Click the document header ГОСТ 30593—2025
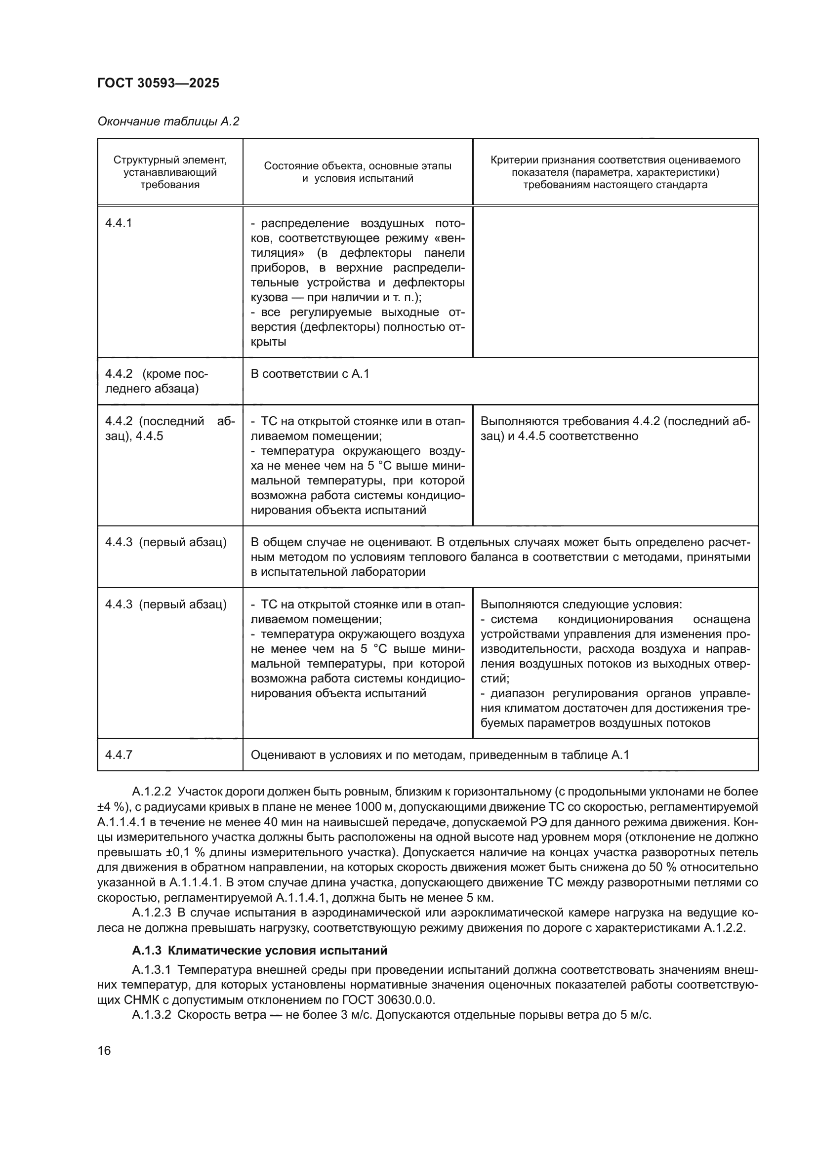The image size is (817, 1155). (x=158, y=83)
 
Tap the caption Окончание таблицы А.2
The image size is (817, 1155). (x=168, y=122)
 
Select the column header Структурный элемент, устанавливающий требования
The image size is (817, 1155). (x=169, y=172)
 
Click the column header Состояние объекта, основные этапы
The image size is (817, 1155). (x=357, y=172)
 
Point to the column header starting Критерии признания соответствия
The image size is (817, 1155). (x=615, y=172)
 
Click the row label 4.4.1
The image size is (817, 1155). (x=118, y=223)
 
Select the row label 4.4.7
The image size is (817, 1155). (x=118, y=769)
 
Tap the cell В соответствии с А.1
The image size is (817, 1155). (x=309, y=374)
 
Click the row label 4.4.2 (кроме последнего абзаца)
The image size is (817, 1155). (x=156, y=381)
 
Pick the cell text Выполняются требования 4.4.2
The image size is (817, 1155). (x=615, y=429)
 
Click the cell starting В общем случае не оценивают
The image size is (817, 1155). (x=499, y=557)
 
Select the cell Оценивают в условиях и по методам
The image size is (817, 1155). (x=439, y=769)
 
